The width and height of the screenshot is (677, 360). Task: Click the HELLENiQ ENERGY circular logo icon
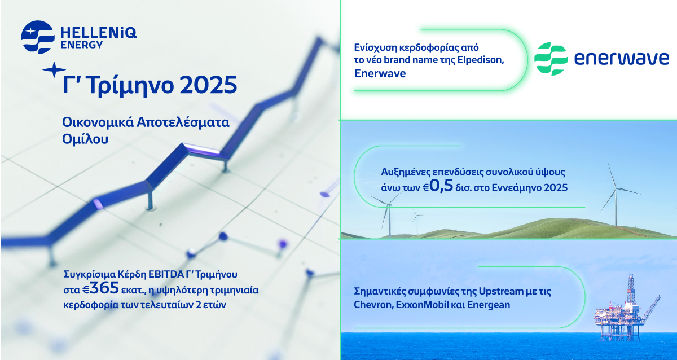pos(38,37)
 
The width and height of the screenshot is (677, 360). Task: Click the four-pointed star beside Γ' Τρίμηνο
pos(54,70)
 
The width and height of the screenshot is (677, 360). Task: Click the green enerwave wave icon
pos(551,59)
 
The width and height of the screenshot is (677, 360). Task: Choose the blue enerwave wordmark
pos(621,59)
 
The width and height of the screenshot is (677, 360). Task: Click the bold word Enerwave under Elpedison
pos(380,73)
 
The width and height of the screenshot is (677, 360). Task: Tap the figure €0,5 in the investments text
pos(436,186)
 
